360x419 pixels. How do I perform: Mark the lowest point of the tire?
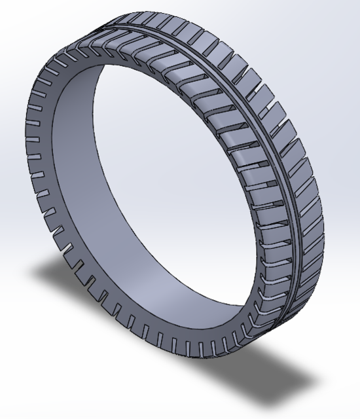(x=216, y=359)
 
